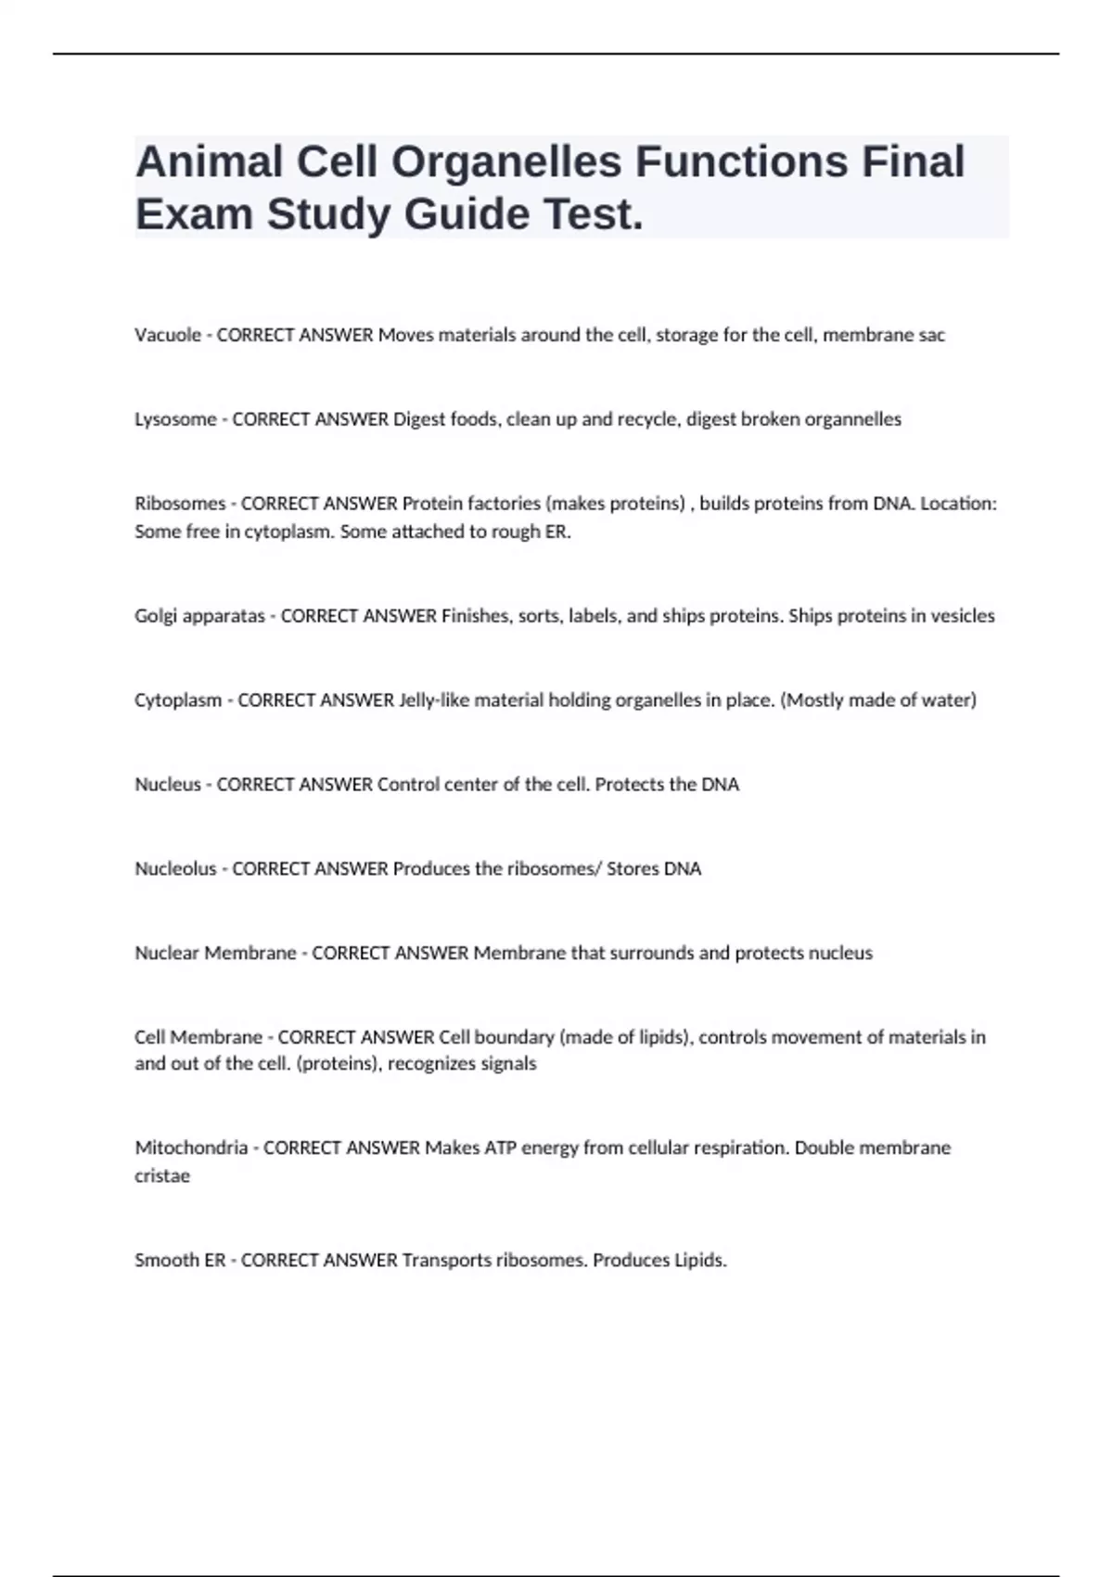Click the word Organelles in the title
pos(505,162)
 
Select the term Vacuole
pos(168,335)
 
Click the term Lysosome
pos(175,419)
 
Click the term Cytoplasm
pos(178,700)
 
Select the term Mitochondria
pos(191,1148)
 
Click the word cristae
pos(162,1176)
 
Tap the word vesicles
pos(962,616)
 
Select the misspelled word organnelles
pos(853,419)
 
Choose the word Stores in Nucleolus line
pos(632,869)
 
